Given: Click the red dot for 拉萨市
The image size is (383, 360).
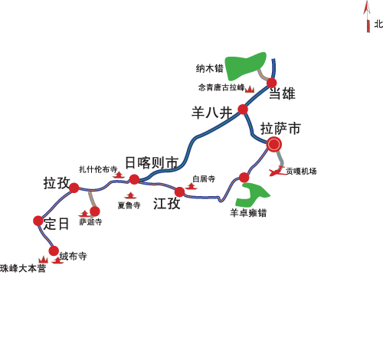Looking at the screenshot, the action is (274, 144).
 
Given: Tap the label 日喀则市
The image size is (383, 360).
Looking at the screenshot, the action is (152, 163).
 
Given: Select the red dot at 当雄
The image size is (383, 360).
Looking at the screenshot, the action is (272, 83).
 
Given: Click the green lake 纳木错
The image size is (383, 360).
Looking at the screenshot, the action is (246, 66).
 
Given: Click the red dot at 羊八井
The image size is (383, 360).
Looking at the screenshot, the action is (243, 110).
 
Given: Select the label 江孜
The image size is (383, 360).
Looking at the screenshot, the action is (167, 204).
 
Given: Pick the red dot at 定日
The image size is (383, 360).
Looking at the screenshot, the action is (38, 221).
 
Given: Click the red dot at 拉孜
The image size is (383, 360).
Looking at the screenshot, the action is (74, 188).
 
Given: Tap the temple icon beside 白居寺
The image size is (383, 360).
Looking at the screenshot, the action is (191, 186).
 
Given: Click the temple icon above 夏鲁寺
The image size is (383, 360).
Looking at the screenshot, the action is (130, 195).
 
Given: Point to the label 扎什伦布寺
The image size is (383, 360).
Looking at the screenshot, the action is (98, 169).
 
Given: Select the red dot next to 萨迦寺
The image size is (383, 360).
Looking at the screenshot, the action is (95, 211).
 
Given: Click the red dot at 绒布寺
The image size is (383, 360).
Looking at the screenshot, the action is (54, 251).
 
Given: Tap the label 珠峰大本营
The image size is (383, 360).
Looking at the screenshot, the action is (23, 269).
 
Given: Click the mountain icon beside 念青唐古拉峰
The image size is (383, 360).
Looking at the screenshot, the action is (250, 89).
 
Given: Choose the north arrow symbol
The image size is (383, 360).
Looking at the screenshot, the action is (367, 16).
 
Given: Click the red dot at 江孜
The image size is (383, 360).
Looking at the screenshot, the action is (180, 192).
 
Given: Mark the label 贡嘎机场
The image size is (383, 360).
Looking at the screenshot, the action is (301, 171).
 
